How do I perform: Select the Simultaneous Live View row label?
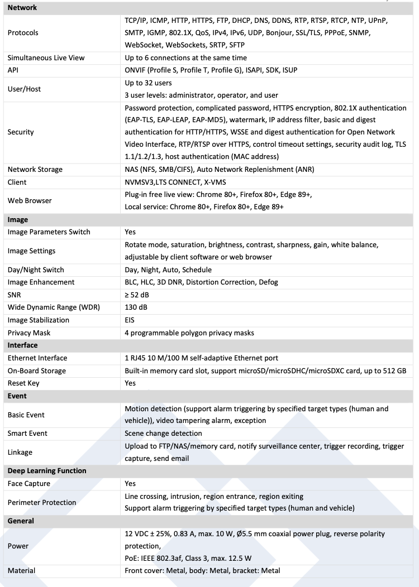point(45,58)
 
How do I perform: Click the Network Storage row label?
point(35,170)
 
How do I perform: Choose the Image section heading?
point(18,220)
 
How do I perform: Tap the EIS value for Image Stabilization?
point(130,320)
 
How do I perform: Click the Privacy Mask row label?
point(29,333)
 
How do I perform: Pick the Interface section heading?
point(23,345)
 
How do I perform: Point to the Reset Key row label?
point(23,383)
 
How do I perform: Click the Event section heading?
point(17,396)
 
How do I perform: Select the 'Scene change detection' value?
point(163,434)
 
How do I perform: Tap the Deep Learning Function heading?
point(47,471)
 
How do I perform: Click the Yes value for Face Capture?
point(130,484)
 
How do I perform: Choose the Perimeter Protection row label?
point(42,503)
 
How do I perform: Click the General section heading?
point(21,521)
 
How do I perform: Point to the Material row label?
point(21,571)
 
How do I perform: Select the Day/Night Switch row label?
point(36,270)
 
